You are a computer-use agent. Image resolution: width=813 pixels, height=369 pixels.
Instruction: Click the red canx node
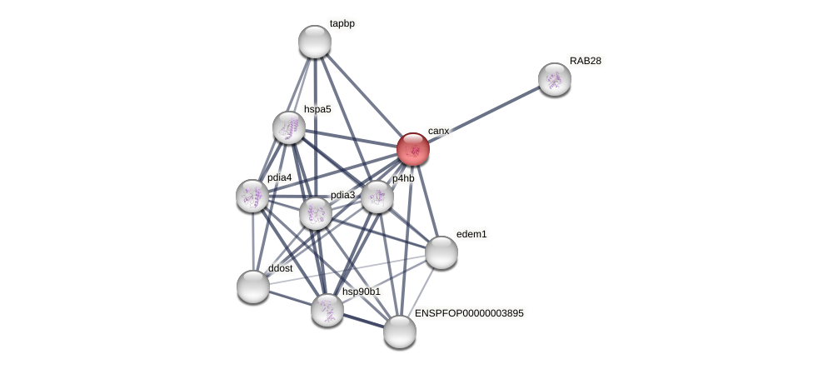[412, 149]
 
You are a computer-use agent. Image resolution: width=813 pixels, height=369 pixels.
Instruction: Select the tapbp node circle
[315, 42]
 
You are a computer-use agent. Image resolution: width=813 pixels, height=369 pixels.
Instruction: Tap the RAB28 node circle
[554, 79]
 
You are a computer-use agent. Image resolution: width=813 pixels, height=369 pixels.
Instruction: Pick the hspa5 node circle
[289, 127]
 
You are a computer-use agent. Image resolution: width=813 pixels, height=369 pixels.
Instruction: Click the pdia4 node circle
[252, 196]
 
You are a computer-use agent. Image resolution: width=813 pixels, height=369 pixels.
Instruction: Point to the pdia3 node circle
[316, 213]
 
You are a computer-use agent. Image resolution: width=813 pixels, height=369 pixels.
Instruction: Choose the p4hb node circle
[377, 197]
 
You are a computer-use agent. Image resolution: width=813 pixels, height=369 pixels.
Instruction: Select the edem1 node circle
[441, 252]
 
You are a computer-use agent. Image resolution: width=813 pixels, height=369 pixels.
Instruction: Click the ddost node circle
[253, 287]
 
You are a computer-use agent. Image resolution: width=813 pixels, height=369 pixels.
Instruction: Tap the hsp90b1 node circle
[327, 310]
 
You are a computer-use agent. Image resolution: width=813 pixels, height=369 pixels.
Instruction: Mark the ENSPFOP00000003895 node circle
[400, 332]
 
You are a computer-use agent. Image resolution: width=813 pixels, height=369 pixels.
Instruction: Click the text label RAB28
[585, 61]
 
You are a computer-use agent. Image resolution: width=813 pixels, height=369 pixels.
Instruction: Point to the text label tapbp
[342, 24]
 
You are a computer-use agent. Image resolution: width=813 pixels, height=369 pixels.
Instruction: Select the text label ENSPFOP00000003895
[469, 313]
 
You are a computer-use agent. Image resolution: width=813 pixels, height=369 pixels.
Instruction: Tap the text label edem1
[471, 234]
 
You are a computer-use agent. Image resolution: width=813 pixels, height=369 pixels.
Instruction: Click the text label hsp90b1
[361, 292]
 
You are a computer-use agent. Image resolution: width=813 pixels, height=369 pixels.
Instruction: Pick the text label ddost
[281, 268]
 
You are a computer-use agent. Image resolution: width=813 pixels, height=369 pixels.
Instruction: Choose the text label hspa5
[317, 109]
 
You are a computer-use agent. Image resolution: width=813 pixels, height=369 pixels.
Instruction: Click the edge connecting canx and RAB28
[483, 114]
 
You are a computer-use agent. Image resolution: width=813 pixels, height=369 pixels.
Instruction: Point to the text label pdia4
[279, 177]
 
